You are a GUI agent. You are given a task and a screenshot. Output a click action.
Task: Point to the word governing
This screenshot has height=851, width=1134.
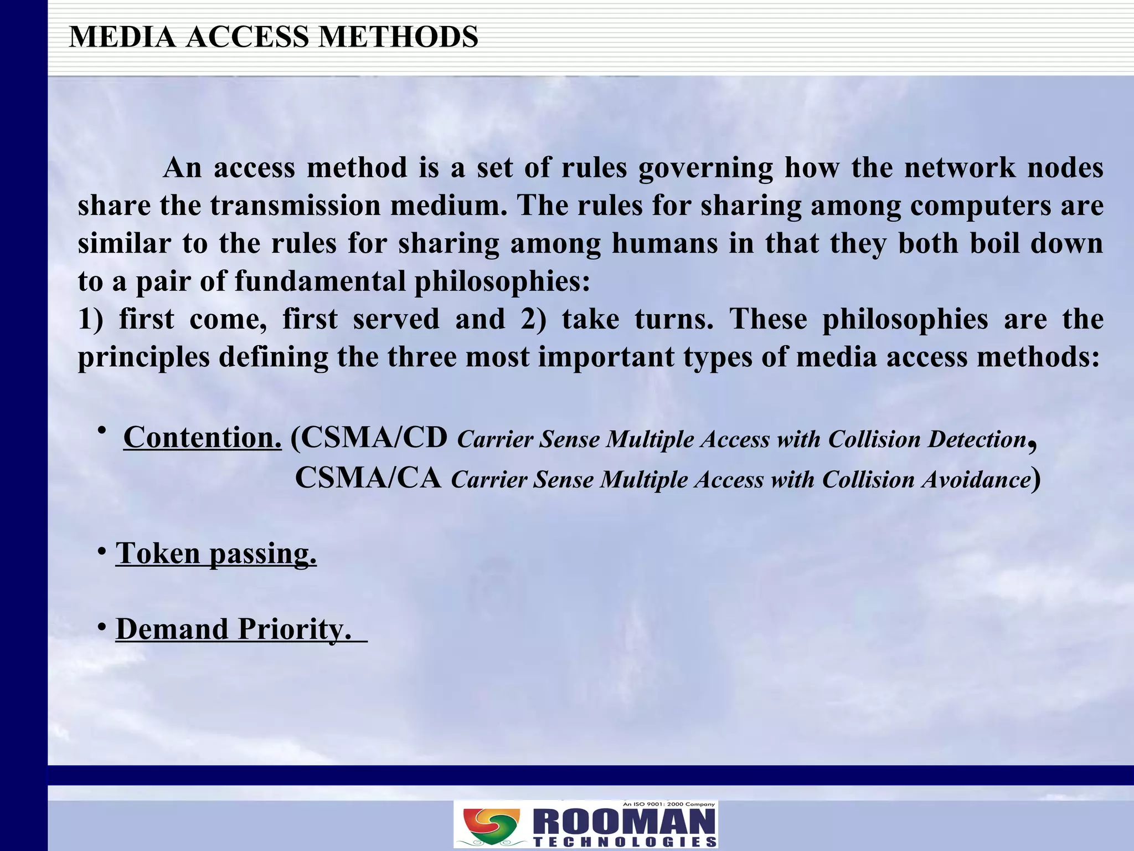point(705,168)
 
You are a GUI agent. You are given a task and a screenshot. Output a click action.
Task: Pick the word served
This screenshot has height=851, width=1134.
point(396,320)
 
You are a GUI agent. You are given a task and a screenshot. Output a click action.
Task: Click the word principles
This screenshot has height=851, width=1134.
point(143,357)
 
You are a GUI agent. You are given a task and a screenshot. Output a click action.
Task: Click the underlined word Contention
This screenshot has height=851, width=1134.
point(202,438)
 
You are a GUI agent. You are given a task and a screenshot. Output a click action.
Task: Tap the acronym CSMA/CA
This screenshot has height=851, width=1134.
point(368,478)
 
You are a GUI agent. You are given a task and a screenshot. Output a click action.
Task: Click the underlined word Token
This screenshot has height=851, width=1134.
point(158,553)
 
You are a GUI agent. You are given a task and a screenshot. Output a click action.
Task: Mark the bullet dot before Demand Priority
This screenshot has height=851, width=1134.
point(101,627)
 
